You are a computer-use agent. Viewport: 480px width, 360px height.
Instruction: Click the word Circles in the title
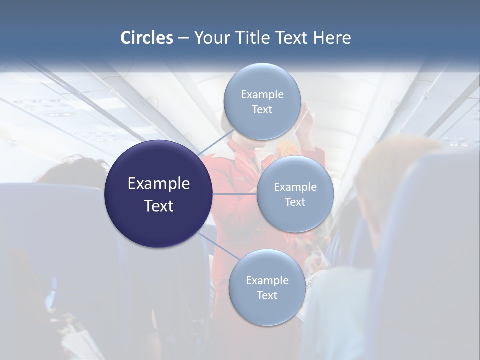point(146,38)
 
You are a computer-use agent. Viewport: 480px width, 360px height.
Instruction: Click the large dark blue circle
point(158,194)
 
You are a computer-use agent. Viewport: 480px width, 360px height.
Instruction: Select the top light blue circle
point(262,102)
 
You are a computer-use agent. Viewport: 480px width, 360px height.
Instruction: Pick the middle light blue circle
point(295,194)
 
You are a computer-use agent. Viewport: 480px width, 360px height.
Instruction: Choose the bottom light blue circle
point(267,288)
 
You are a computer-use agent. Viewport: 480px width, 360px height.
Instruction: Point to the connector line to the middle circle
point(234,194)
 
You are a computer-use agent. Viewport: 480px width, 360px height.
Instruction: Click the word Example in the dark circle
point(158,184)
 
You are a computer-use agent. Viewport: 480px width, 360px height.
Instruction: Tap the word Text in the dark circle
point(158,205)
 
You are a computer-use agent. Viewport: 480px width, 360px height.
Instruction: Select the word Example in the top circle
point(262,94)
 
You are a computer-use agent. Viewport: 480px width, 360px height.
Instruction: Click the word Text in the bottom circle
point(267,295)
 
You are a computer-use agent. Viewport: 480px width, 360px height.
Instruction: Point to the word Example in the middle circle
point(295,187)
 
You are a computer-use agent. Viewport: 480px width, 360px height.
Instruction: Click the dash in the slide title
point(183,38)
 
